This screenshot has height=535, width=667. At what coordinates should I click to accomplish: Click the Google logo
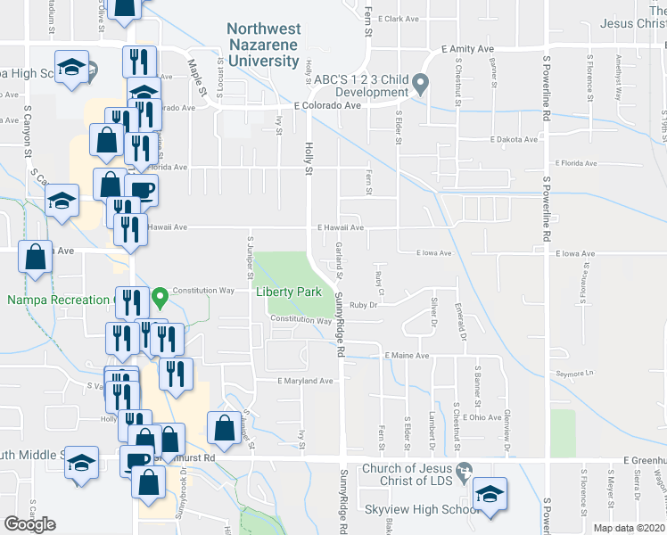[29, 524]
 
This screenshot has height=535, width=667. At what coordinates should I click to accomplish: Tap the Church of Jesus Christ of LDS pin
[463, 470]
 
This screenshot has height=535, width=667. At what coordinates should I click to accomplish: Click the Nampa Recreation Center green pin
[160, 296]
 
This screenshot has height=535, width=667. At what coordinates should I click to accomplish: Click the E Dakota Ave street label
[514, 139]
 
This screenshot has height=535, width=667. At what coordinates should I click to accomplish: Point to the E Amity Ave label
[467, 50]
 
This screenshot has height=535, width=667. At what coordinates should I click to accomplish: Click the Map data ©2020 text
[628, 528]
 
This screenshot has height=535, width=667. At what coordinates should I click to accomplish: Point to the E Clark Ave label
[398, 18]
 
